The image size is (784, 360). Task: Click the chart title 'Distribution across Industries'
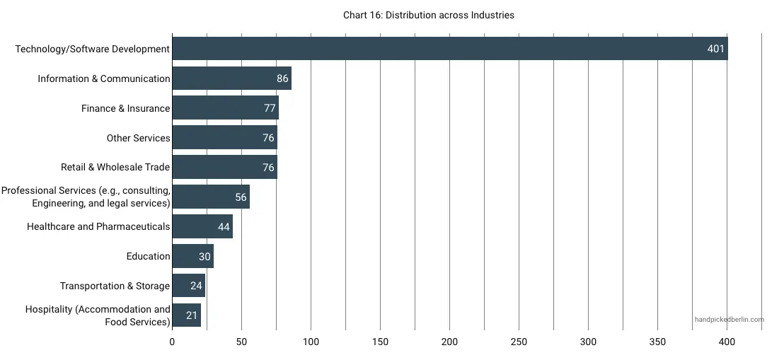click(x=429, y=15)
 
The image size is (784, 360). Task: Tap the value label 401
click(x=716, y=49)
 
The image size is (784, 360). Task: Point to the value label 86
click(x=282, y=79)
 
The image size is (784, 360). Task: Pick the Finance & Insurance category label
click(x=126, y=108)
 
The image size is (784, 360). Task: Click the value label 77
click(x=269, y=108)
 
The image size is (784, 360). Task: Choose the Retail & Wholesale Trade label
click(x=115, y=168)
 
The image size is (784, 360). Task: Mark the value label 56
click(x=241, y=197)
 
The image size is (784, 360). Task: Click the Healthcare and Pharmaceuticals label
click(x=98, y=227)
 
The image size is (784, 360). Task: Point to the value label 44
click(x=224, y=227)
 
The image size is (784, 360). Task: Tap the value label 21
click(x=192, y=315)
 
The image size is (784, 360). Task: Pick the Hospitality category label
click(x=98, y=315)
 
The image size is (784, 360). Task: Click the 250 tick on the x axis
click(x=519, y=342)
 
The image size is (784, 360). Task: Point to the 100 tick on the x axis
click(x=311, y=342)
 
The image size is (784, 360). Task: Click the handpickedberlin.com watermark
click(x=729, y=320)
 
